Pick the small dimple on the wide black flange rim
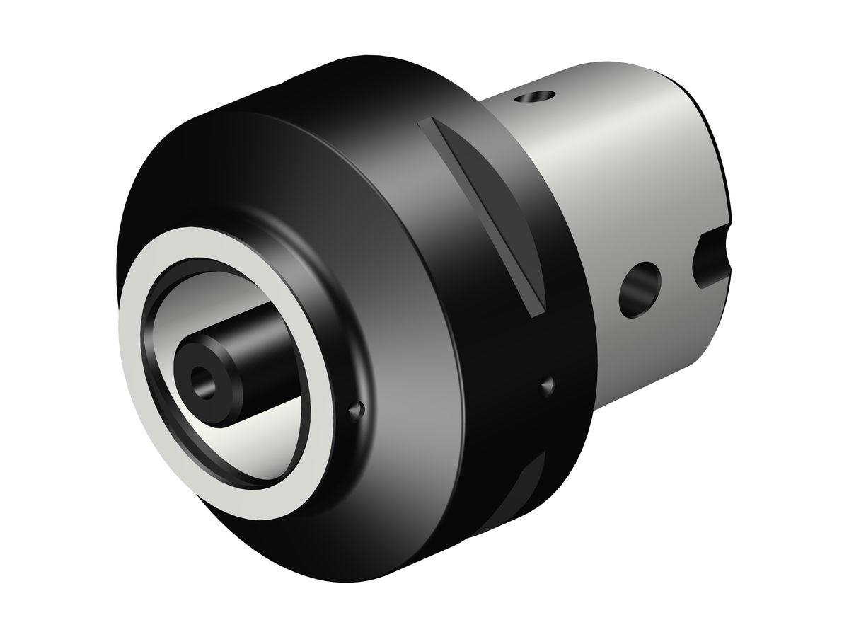pos(546,384)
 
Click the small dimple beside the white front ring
pos(359,408)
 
